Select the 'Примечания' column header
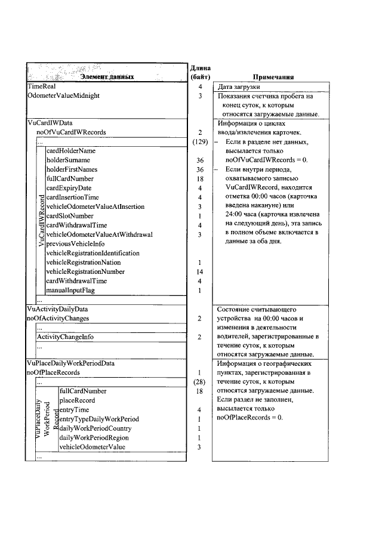[273, 77]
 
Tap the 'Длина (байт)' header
[200, 72]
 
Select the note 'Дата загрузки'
[239, 87]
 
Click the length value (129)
[200, 142]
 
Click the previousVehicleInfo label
[75, 244]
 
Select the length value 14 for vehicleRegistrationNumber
[200, 272]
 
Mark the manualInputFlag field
[70, 291]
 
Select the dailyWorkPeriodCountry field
[95, 428]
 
